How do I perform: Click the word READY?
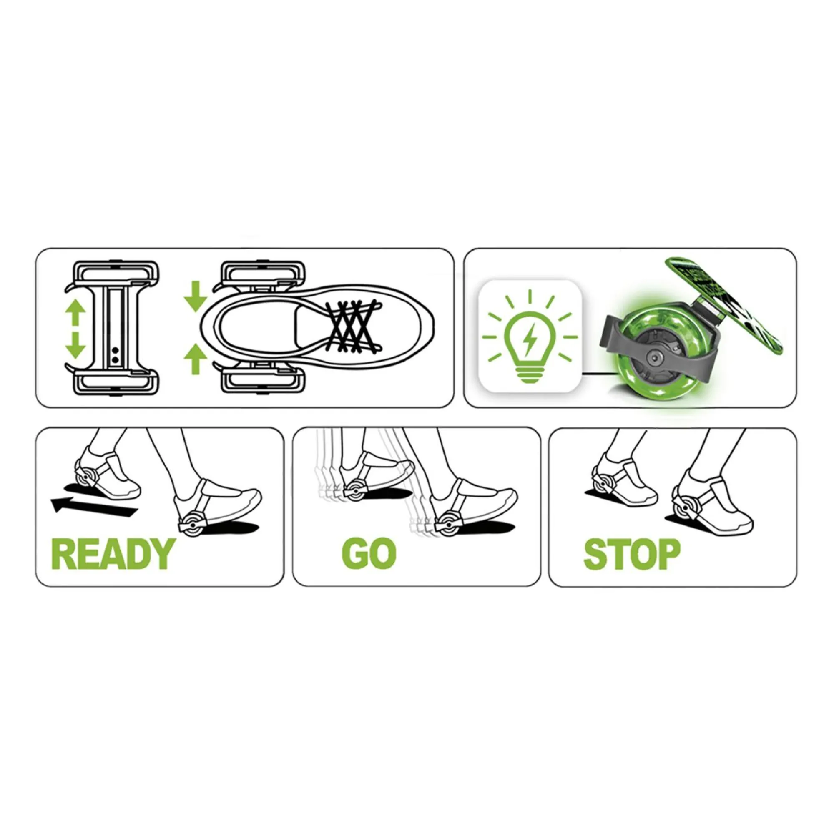113,554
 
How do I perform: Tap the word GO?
369,554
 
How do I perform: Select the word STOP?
631,554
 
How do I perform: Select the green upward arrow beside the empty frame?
75,312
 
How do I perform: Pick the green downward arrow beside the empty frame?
75,345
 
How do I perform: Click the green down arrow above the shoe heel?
195,296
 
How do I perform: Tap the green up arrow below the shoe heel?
195,359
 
